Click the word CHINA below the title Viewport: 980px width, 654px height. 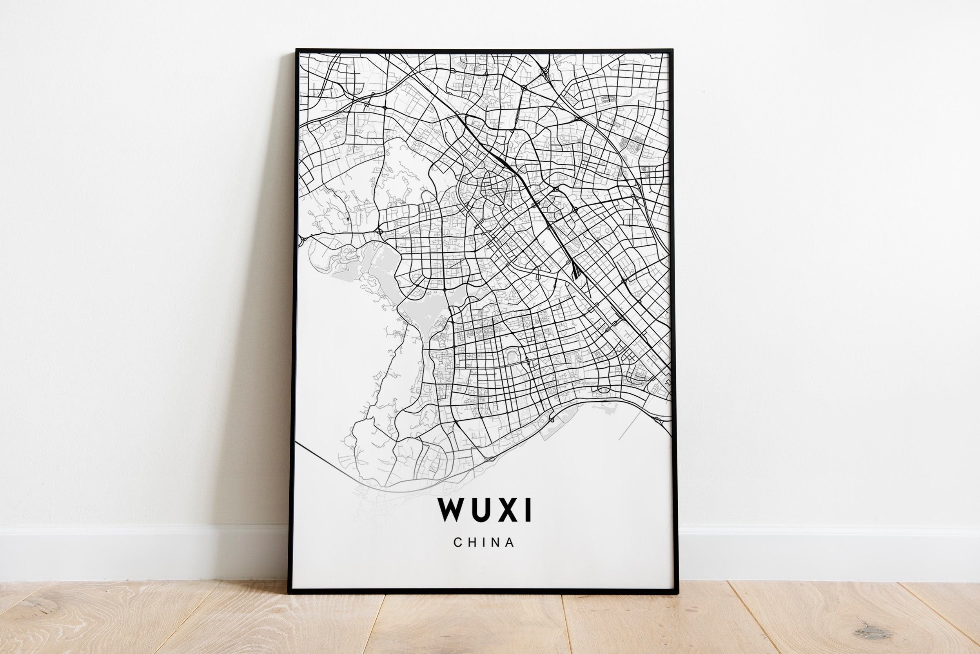point(484,543)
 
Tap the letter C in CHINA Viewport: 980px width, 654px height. point(458,543)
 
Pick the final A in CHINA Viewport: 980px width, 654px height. point(510,543)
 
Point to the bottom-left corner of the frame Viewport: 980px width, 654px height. point(289,592)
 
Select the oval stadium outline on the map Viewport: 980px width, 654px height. point(512,355)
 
